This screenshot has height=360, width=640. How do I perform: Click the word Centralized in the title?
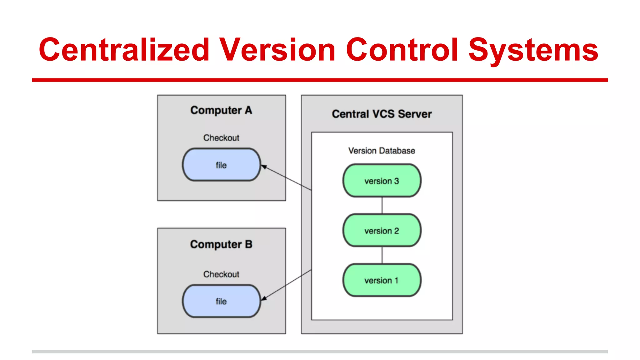click(x=124, y=50)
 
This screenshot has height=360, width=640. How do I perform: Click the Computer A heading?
click(x=221, y=110)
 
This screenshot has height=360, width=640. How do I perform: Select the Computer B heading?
click(x=221, y=244)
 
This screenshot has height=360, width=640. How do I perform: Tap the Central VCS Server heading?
click(x=382, y=114)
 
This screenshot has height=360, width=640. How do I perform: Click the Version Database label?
click(x=382, y=151)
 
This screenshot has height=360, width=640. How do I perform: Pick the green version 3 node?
click(x=382, y=181)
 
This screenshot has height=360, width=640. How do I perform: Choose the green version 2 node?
click(x=382, y=231)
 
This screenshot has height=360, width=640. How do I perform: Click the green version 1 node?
click(x=382, y=280)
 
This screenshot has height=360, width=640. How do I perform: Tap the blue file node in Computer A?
click(x=221, y=165)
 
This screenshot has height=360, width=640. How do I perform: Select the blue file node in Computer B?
click(x=221, y=301)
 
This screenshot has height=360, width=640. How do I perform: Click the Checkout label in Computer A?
click(x=221, y=138)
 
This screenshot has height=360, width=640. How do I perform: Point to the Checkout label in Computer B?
click(x=221, y=274)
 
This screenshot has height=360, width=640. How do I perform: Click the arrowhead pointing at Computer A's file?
click(x=264, y=167)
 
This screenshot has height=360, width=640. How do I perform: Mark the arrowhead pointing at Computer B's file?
click(x=264, y=298)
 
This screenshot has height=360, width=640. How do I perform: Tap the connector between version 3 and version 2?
click(x=382, y=205)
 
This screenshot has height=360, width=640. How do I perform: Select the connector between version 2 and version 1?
click(x=382, y=255)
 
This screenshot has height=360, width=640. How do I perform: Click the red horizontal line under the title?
click(x=320, y=80)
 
